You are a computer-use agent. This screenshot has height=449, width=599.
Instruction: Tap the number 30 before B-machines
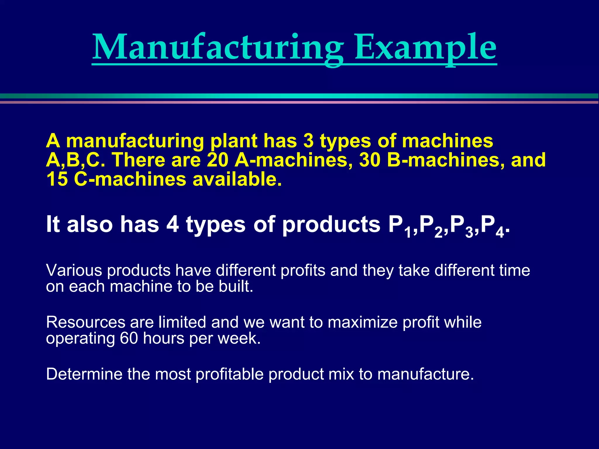tap(370, 160)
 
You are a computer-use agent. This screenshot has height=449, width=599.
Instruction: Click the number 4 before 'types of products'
tap(173, 224)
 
